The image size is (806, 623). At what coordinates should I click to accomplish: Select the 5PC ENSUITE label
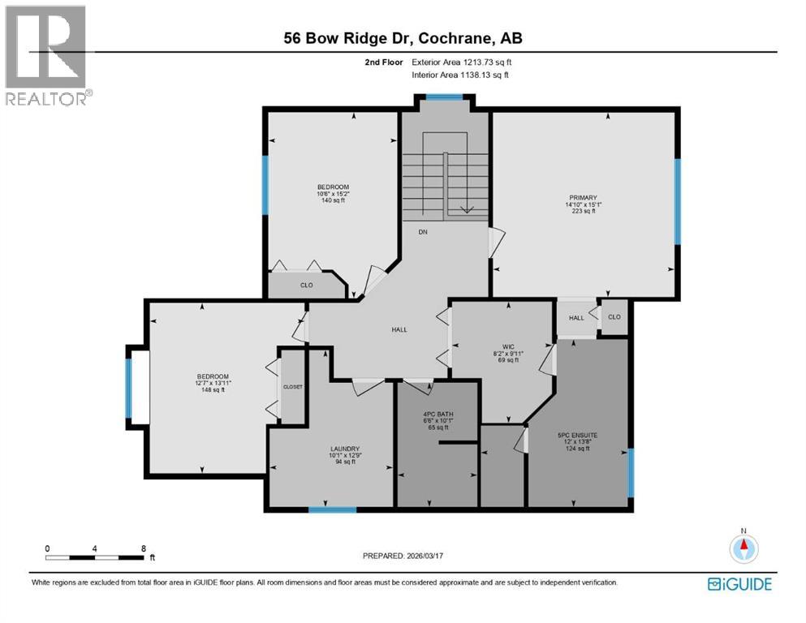pos(580,436)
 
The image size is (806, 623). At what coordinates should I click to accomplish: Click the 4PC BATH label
pos(439,414)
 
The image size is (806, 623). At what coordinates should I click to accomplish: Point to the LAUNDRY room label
pos(345,449)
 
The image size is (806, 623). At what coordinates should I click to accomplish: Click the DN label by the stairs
pos(423,232)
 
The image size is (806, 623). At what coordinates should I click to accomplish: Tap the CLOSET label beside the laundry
pos(292,387)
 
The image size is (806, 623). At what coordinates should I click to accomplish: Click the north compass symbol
pos(742,547)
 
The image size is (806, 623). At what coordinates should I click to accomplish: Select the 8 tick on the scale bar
pos(143,548)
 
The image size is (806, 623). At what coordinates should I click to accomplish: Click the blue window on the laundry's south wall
pos(332,509)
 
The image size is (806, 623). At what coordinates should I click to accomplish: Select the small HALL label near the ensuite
pos(576,318)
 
